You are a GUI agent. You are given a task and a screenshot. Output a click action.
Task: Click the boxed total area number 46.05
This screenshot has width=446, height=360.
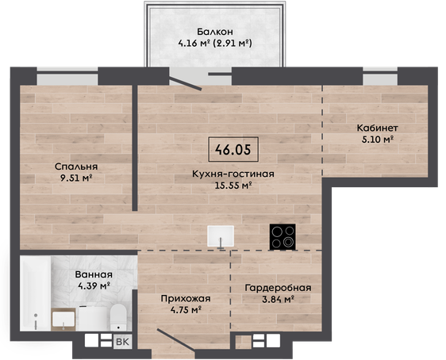click(x=233, y=149)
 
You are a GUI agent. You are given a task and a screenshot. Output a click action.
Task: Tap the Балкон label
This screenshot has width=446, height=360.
click(x=215, y=31)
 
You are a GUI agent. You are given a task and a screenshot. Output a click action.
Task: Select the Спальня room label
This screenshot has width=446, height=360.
click(x=76, y=167)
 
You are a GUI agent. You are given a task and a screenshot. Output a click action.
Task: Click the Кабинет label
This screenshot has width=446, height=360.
click(x=377, y=128)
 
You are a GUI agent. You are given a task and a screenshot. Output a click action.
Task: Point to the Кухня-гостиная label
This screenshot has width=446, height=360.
click(x=233, y=174)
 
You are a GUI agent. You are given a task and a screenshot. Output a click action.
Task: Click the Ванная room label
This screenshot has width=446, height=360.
click(x=94, y=274)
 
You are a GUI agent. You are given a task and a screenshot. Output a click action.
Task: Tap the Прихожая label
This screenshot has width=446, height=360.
click(x=186, y=299)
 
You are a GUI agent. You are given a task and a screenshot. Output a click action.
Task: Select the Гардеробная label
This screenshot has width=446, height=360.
click(x=279, y=288)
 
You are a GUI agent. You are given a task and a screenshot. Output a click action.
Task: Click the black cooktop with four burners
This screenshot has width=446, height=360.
click(x=283, y=236)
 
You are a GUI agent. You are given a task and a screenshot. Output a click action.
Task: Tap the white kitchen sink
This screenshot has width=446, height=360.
click(x=221, y=236)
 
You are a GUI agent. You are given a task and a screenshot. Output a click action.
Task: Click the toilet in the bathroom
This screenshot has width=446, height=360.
click(x=118, y=317)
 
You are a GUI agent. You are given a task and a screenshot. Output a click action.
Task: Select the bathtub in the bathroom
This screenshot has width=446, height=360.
click(x=36, y=293)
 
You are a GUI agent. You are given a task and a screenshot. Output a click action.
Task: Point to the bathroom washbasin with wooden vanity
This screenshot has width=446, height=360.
click(x=63, y=320)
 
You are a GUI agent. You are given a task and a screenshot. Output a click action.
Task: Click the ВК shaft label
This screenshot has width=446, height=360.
click(x=122, y=342)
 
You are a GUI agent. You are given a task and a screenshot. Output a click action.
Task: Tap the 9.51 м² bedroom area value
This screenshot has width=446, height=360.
click(x=76, y=178)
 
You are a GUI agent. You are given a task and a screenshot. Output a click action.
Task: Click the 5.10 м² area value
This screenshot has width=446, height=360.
click(x=378, y=140)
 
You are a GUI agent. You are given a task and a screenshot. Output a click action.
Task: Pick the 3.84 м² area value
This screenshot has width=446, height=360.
click(x=278, y=299)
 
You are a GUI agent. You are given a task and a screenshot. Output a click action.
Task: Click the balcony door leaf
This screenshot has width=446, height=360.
click(x=186, y=83)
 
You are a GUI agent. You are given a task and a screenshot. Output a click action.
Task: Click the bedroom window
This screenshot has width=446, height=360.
click(x=67, y=76)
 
